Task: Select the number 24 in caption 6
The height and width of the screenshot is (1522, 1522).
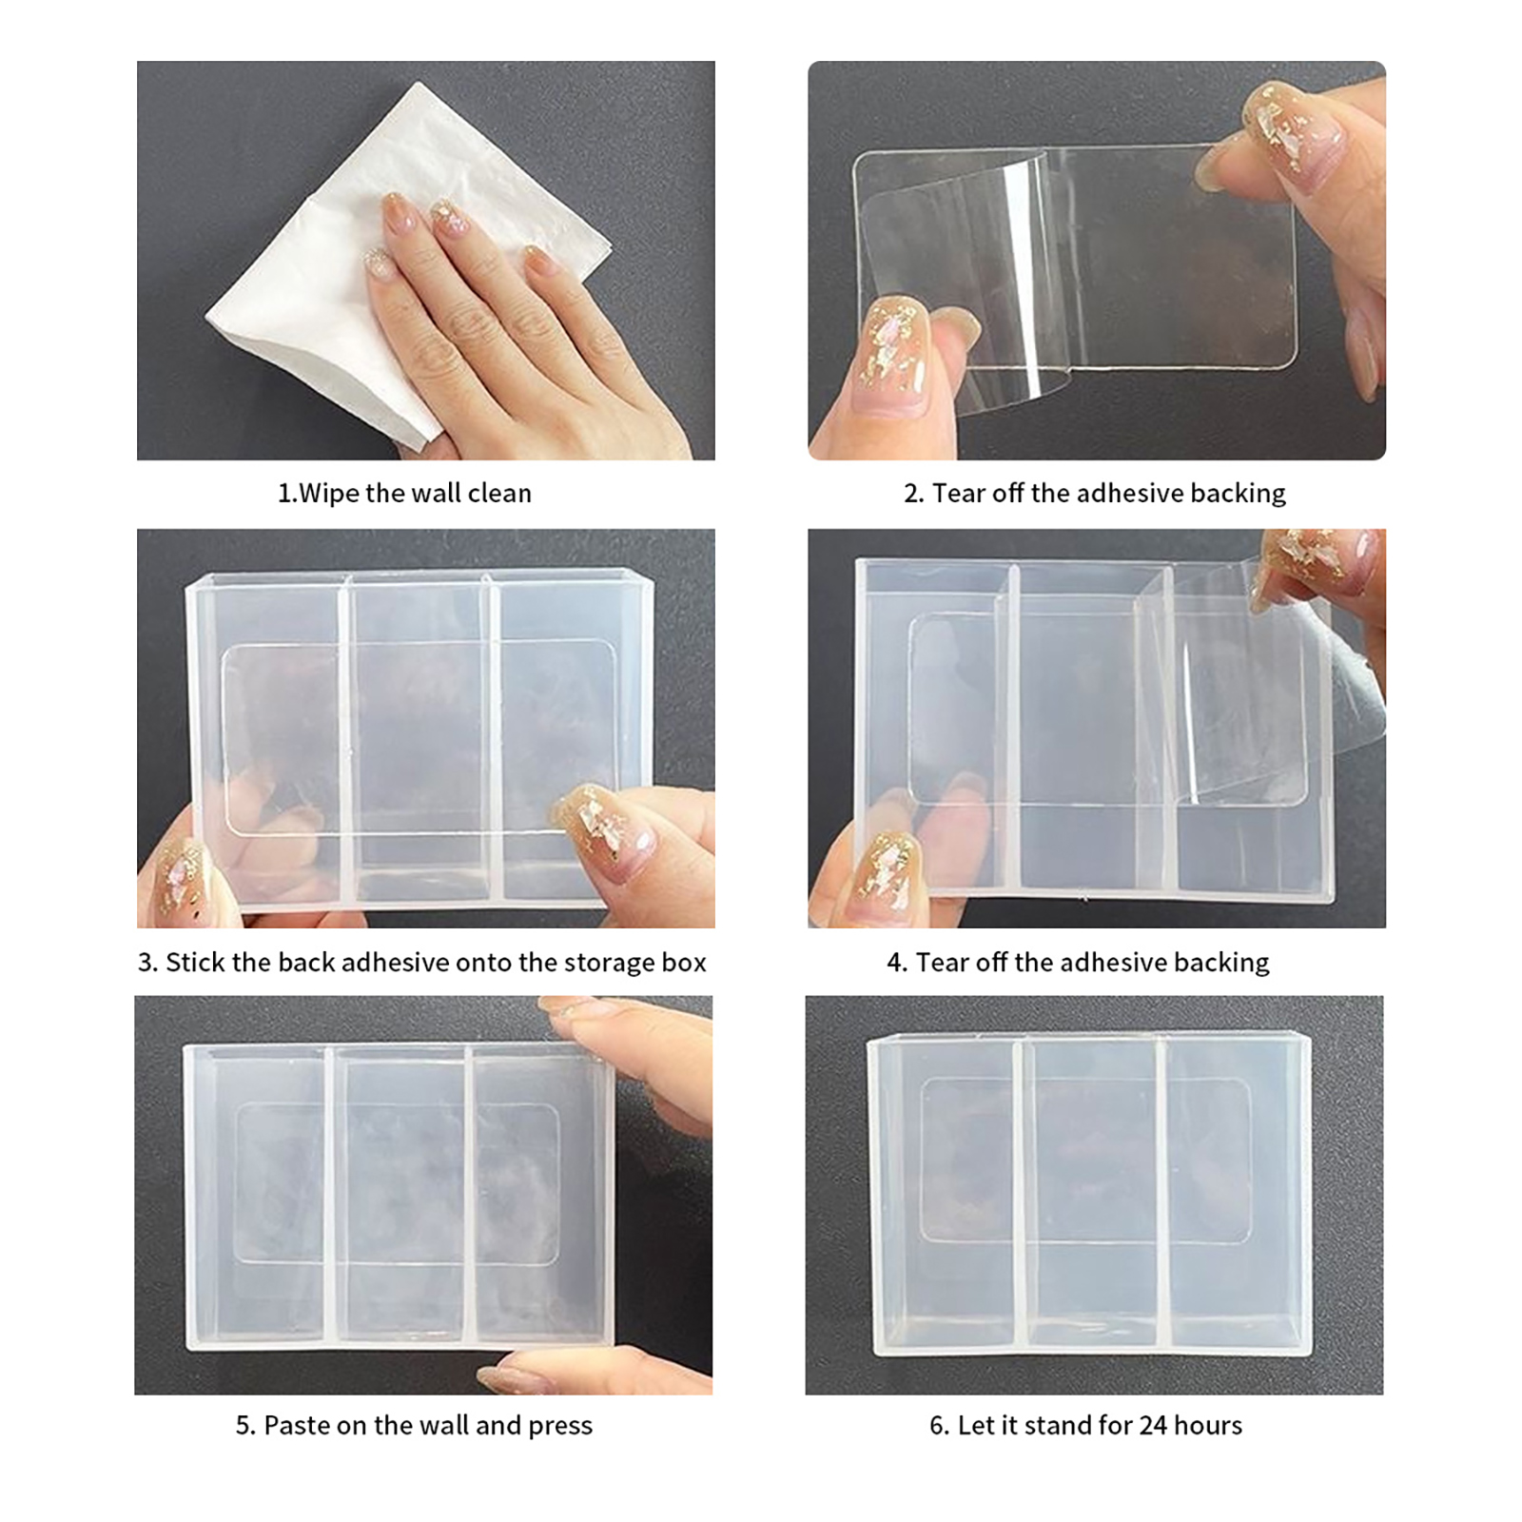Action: pos(1153,1425)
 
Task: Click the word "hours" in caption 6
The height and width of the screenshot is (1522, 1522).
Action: pos(1208,1425)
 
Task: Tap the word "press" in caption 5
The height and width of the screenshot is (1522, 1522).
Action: pos(560,1426)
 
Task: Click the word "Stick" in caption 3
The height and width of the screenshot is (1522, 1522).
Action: pos(195,963)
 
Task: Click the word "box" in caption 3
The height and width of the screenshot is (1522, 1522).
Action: pos(683,963)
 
